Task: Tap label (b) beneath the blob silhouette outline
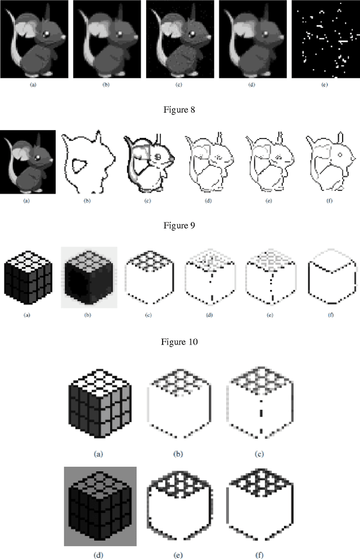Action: pos(88,200)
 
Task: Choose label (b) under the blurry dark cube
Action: pos(88,315)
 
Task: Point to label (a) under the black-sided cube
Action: pos(26,315)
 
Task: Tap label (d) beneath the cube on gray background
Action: pos(100,554)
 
